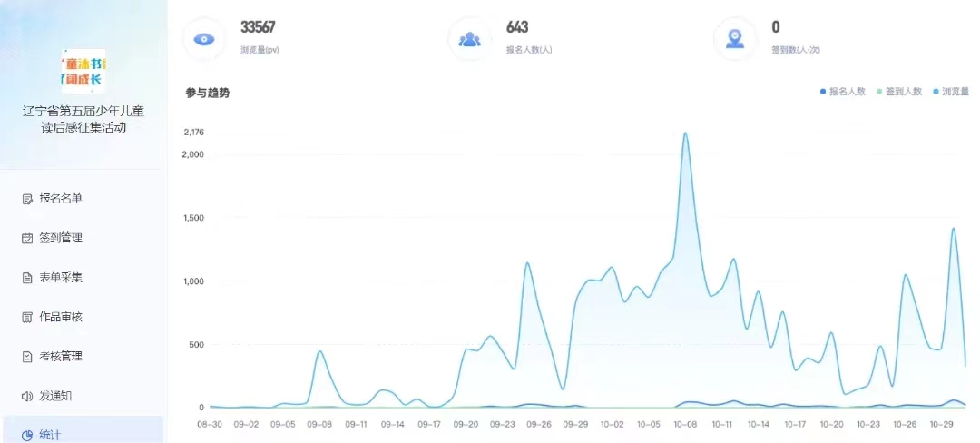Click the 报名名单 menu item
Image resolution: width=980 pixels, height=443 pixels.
tap(65, 198)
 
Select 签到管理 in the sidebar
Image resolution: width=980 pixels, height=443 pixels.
tap(60, 238)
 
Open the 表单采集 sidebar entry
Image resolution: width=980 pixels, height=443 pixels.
tap(60, 277)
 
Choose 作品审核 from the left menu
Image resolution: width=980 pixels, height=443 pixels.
tap(60, 317)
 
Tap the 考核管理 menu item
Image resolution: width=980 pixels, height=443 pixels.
tap(60, 356)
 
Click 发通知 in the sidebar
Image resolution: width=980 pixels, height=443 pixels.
tap(54, 396)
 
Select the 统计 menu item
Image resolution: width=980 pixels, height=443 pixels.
tap(50, 435)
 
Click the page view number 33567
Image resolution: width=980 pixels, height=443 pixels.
tap(258, 27)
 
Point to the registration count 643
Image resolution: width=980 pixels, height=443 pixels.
tap(517, 27)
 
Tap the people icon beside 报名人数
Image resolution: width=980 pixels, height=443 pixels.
tap(470, 39)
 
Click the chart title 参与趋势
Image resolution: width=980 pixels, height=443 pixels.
tap(208, 93)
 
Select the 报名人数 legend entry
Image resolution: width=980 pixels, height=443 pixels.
tap(844, 92)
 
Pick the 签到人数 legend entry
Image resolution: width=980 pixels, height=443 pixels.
tap(899, 92)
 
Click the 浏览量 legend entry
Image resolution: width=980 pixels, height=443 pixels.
tap(951, 92)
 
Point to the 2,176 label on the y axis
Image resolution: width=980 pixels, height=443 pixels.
tap(193, 133)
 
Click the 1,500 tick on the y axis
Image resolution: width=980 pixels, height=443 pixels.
tap(193, 218)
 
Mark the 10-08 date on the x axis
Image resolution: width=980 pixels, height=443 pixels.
tap(685, 424)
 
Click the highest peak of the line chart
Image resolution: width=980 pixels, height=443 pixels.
tap(685, 133)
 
